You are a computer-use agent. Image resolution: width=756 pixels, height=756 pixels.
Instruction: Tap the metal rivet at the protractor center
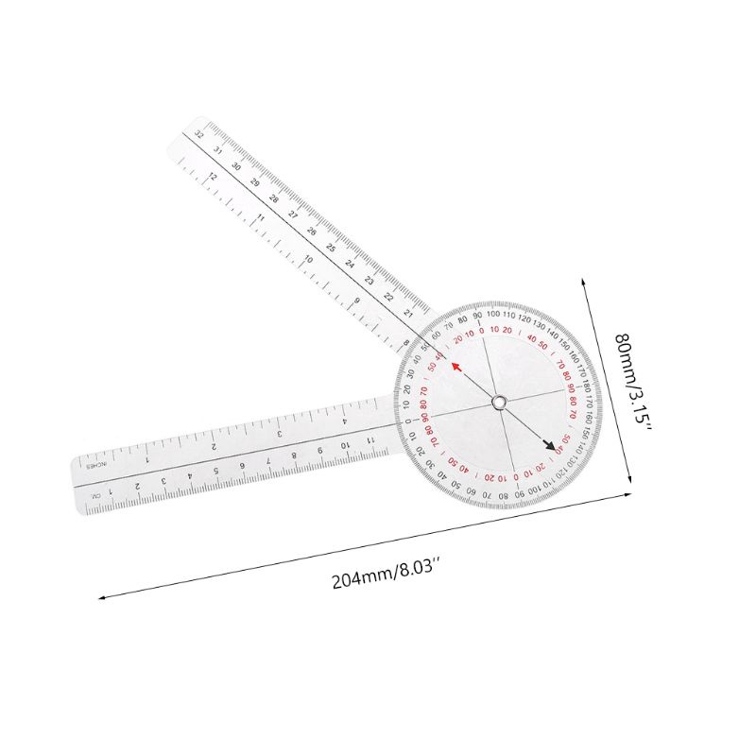(x=498, y=404)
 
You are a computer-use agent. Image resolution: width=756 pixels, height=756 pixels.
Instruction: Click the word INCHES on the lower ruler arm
(x=97, y=465)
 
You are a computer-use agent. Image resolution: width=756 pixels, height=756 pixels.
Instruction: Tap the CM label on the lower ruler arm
(x=95, y=495)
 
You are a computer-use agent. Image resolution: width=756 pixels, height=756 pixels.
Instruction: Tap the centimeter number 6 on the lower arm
(x=243, y=464)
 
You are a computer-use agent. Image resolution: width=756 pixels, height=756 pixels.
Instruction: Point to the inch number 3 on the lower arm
(x=281, y=432)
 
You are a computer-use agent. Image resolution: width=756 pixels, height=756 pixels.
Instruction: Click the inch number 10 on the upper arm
(x=308, y=258)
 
